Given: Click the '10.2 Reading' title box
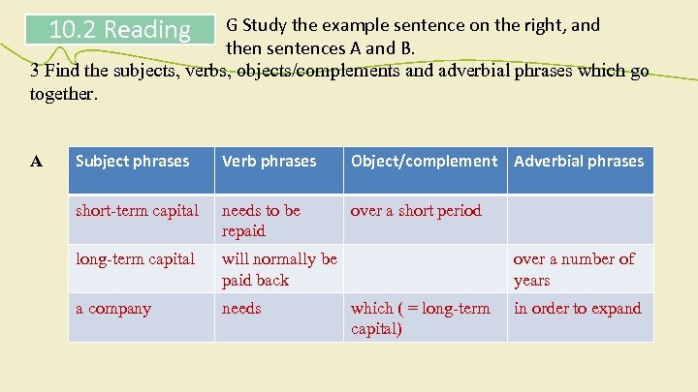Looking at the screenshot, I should (119, 30).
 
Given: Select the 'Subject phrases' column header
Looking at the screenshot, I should (133, 162).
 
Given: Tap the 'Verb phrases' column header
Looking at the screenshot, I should (269, 162).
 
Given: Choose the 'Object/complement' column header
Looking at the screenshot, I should (424, 162).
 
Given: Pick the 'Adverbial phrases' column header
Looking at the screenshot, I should (579, 162).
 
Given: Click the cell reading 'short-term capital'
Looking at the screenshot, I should (137, 211).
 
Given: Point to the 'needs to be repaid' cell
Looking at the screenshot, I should (261, 221).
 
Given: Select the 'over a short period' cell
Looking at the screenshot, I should (416, 211).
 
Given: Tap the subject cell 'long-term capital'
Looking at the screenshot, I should (136, 259).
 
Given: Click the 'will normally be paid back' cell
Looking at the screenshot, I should (278, 269).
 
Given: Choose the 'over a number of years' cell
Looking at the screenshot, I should (573, 269).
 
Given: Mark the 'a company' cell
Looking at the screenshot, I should (113, 309).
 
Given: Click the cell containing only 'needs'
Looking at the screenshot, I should (241, 309).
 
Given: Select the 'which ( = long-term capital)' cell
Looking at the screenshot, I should (420, 317).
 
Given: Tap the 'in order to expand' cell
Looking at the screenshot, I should (577, 309).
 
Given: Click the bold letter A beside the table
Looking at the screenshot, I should (36, 162).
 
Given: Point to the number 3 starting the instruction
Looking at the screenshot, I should (35, 71).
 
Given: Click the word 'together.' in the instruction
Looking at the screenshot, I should (64, 95).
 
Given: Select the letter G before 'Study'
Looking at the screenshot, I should (232, 25).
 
